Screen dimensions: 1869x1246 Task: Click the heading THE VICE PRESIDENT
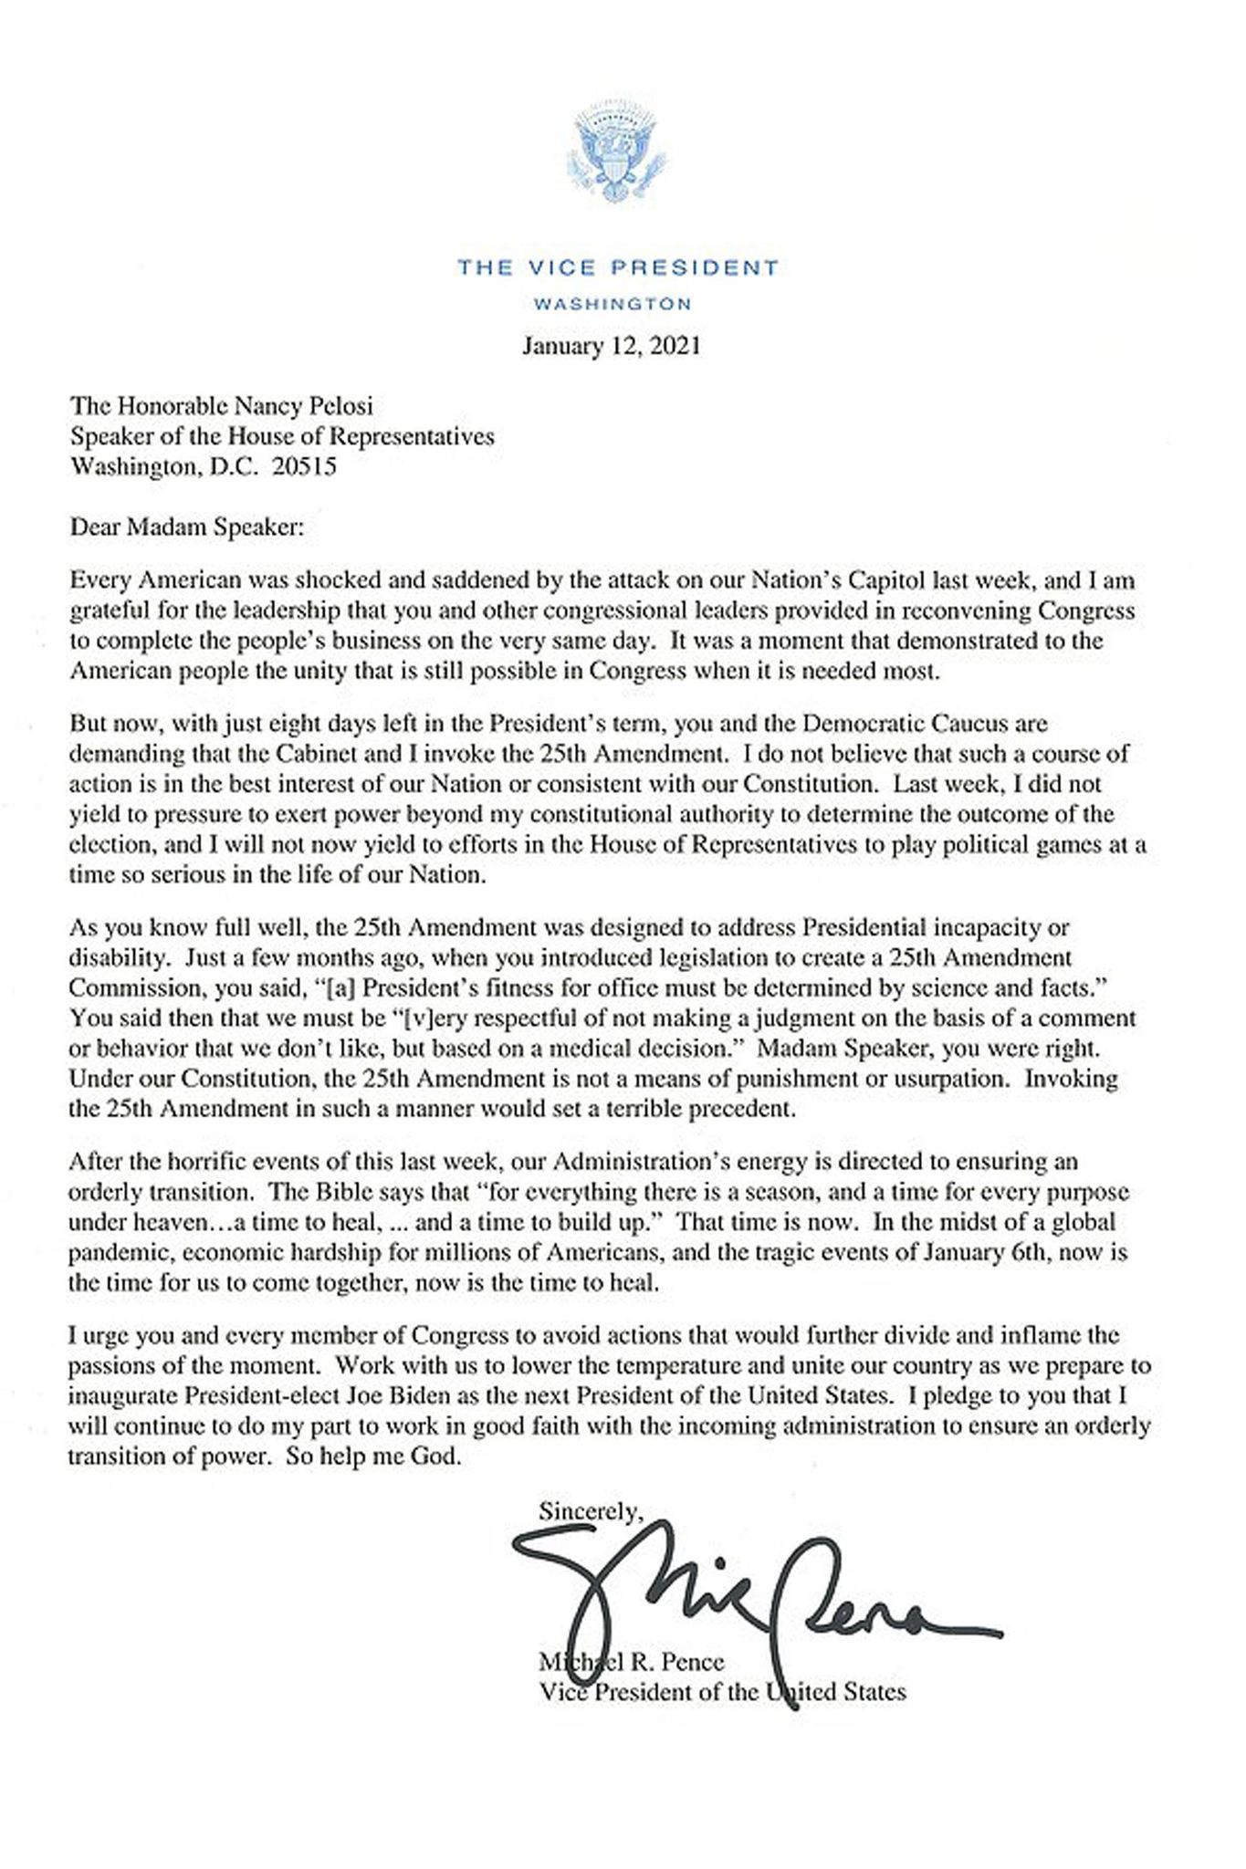[618, 267]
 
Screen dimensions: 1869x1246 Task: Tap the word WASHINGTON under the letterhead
[612, 304]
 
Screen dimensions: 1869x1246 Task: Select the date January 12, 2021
[611, 347]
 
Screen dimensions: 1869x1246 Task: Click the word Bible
[325, 1192]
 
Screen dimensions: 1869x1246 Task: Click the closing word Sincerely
[590, 1511]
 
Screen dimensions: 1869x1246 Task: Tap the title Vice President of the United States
[722, 1693]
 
